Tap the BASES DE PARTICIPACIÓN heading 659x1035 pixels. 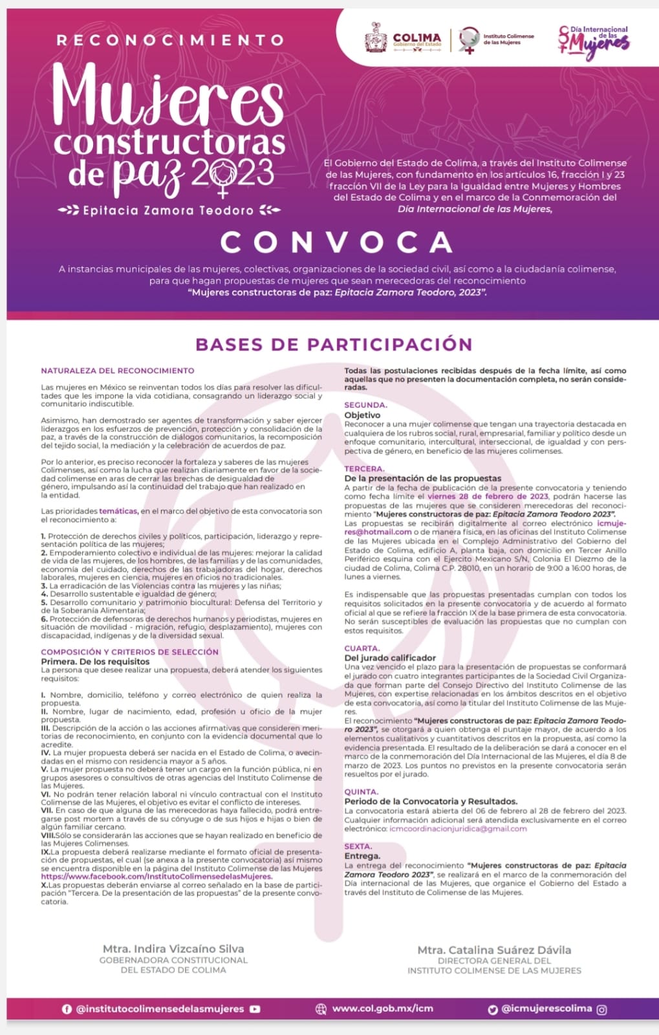pyautogui.click(x=334, y=344)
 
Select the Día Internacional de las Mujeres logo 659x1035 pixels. pyautogui.click(x=594, y=41)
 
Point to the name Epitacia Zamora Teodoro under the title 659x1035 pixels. pyautogui.click(x=168, y=210)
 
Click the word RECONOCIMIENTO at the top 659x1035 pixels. pyautogui.click(x=170, y=40)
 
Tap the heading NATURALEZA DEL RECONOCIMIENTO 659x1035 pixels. pyautogui.click(x=118, y=371)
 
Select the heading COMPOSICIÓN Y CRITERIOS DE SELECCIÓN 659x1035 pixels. pyautogui.click(x=129, y=652)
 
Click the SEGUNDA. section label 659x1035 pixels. pyautogui.click(x=365, y=405)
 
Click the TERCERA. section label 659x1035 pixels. pyautogui.click(x=364, y=468)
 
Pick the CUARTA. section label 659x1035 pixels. pyautogui.click(x=362, y=648)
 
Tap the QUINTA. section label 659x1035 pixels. pyautogui.click(x=362, y=792)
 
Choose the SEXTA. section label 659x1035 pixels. pyautogui.click(x=358, y=846)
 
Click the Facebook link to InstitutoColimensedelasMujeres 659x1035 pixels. pyautogui.click(x=157, y=877)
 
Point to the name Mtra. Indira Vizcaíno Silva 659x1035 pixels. pyautogui.click(x=173, y=949)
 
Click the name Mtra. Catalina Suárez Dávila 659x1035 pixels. pyautogui.click(x=494, y=950)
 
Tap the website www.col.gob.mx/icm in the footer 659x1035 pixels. pyautogui.click(x=382, y=1008)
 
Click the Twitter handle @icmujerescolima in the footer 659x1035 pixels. pyautogui.click(x=546, y=1008)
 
